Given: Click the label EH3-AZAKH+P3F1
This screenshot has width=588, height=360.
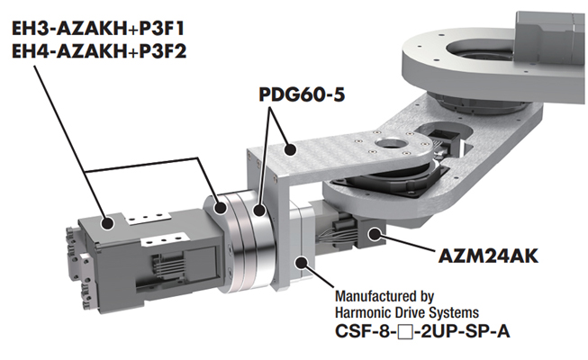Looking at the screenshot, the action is (x=98, y=29).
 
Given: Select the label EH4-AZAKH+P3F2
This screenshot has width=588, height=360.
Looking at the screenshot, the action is (x=99, y=51).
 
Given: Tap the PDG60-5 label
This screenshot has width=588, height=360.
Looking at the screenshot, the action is (x=302, y=94).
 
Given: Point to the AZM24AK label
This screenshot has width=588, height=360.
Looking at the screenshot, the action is (x=488, y=256).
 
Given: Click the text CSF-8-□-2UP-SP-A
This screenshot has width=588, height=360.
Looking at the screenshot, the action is (x=422, y=331).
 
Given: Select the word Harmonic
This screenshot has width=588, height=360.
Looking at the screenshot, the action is (x=361, y=312).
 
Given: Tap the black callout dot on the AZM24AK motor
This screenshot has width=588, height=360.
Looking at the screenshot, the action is (x=375, y=234).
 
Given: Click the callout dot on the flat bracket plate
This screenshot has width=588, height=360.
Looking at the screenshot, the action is (x=290, y=150).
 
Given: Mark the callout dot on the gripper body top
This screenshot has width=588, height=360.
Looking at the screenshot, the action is (x=107, y=223).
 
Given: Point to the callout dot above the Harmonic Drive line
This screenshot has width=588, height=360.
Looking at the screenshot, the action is (x=302, y=262).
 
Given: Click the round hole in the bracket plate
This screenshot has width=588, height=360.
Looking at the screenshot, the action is (x=393, y=143).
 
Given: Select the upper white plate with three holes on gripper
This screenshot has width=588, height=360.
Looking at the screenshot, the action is (x=149, y=218).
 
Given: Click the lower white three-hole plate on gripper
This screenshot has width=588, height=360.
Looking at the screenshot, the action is (x=164, y=239).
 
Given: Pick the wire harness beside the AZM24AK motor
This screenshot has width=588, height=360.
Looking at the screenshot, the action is (x=337, y=235).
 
